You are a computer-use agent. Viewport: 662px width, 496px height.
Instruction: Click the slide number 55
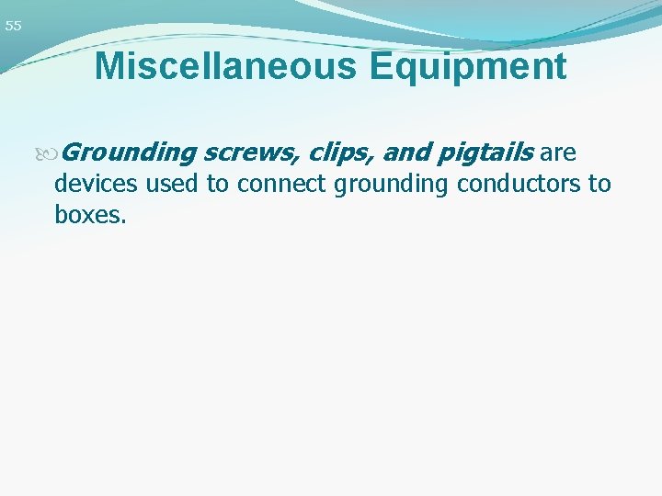pos(13,27)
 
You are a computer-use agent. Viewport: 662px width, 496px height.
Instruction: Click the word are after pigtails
pos(559,152)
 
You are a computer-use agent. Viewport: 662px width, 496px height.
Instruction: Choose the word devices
pos(96,184)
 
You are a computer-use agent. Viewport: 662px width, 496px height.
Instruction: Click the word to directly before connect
pos(217,184)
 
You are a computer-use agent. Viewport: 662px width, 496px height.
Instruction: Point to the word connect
pos(280,184)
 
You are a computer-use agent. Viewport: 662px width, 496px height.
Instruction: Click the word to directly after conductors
pos(599,184)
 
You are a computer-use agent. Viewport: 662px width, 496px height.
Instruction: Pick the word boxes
pos(87,216)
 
